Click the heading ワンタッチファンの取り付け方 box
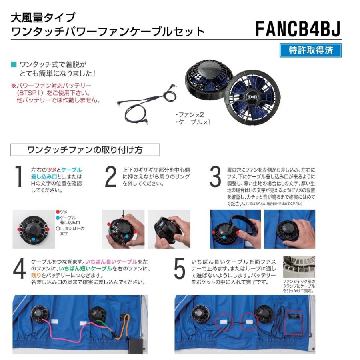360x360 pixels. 84,150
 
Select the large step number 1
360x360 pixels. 19,177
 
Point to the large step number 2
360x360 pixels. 110,177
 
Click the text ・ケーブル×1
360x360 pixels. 193,122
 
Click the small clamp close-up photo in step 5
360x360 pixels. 298,267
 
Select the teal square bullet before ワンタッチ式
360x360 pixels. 14,64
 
